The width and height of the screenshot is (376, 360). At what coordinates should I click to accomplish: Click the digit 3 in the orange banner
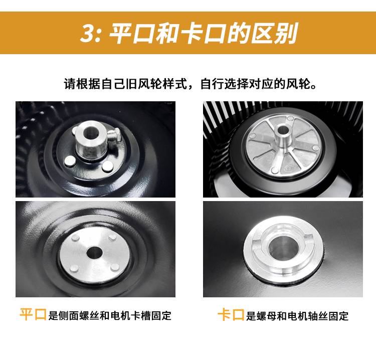pos(87,33)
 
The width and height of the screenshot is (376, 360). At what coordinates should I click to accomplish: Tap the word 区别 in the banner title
pos(274,33)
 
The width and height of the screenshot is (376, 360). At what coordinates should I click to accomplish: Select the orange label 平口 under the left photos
pos(33,314)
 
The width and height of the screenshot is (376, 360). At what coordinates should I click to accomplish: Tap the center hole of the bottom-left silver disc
pos(94,252)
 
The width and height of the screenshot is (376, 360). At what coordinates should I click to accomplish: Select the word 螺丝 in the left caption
pos(89,316)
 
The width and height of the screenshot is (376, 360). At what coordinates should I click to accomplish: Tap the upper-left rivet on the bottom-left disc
pos(76,238)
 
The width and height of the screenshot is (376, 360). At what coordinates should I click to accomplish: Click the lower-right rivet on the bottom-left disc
pos(115,267)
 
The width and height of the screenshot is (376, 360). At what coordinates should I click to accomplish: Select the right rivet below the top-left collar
pos(107,166)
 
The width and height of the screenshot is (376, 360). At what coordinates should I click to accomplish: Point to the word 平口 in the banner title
pos(131,33)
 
